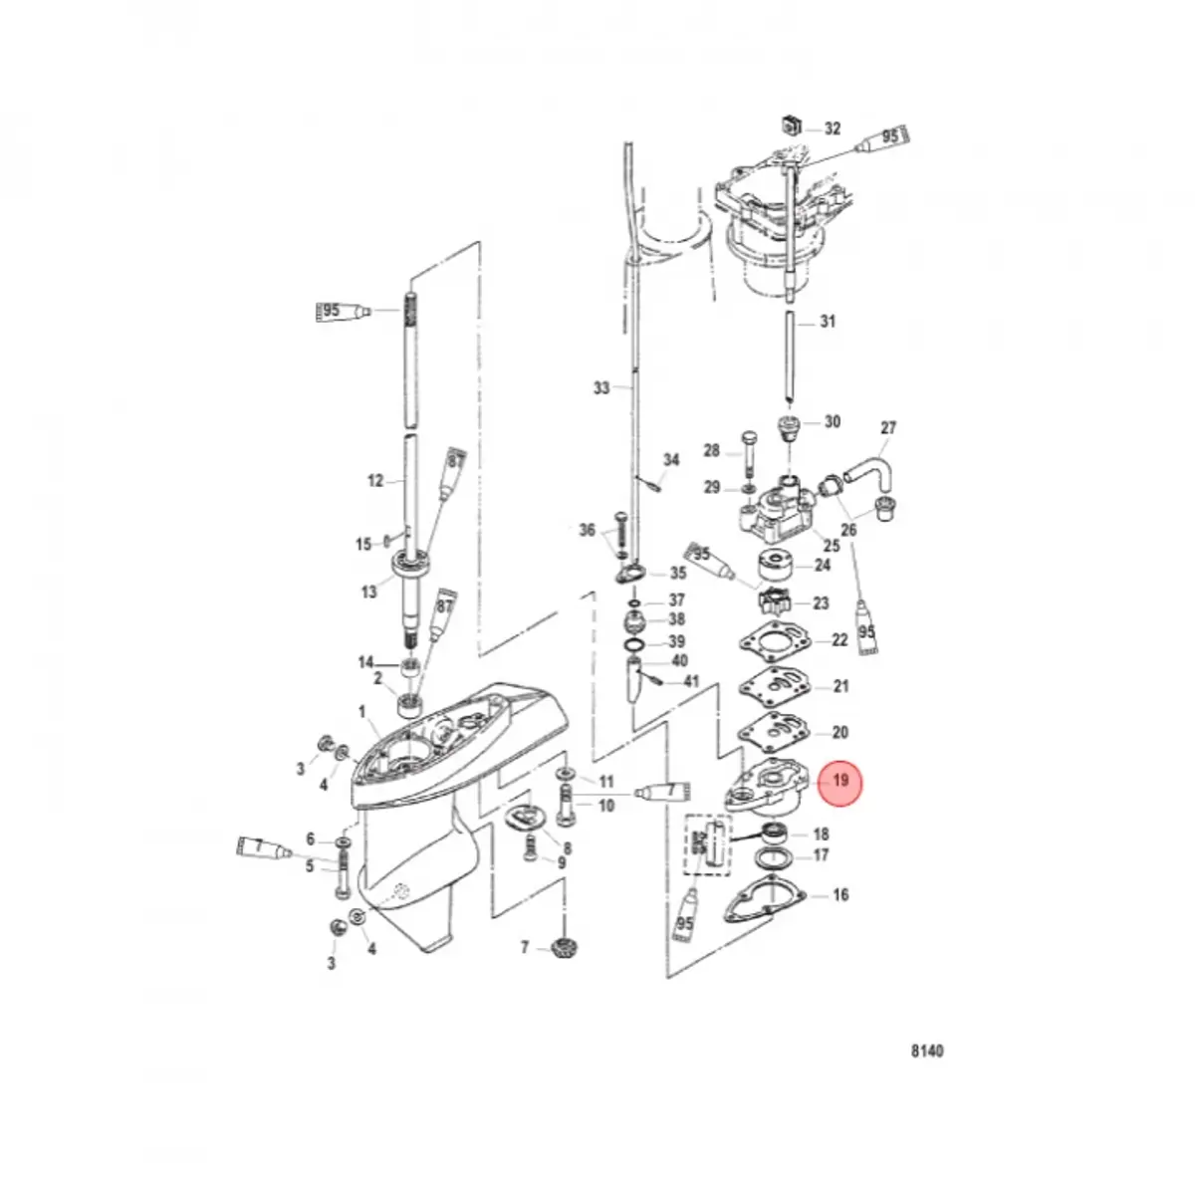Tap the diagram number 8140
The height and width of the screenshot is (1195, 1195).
[927, 1051]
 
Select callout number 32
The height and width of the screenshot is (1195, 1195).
[833, 128]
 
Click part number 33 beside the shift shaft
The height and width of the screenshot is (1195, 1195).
[601, 388]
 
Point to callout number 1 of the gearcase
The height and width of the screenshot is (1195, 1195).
[362, 711]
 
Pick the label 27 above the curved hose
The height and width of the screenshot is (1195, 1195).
[888, 428]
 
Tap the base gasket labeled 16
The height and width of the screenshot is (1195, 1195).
[764, 898]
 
